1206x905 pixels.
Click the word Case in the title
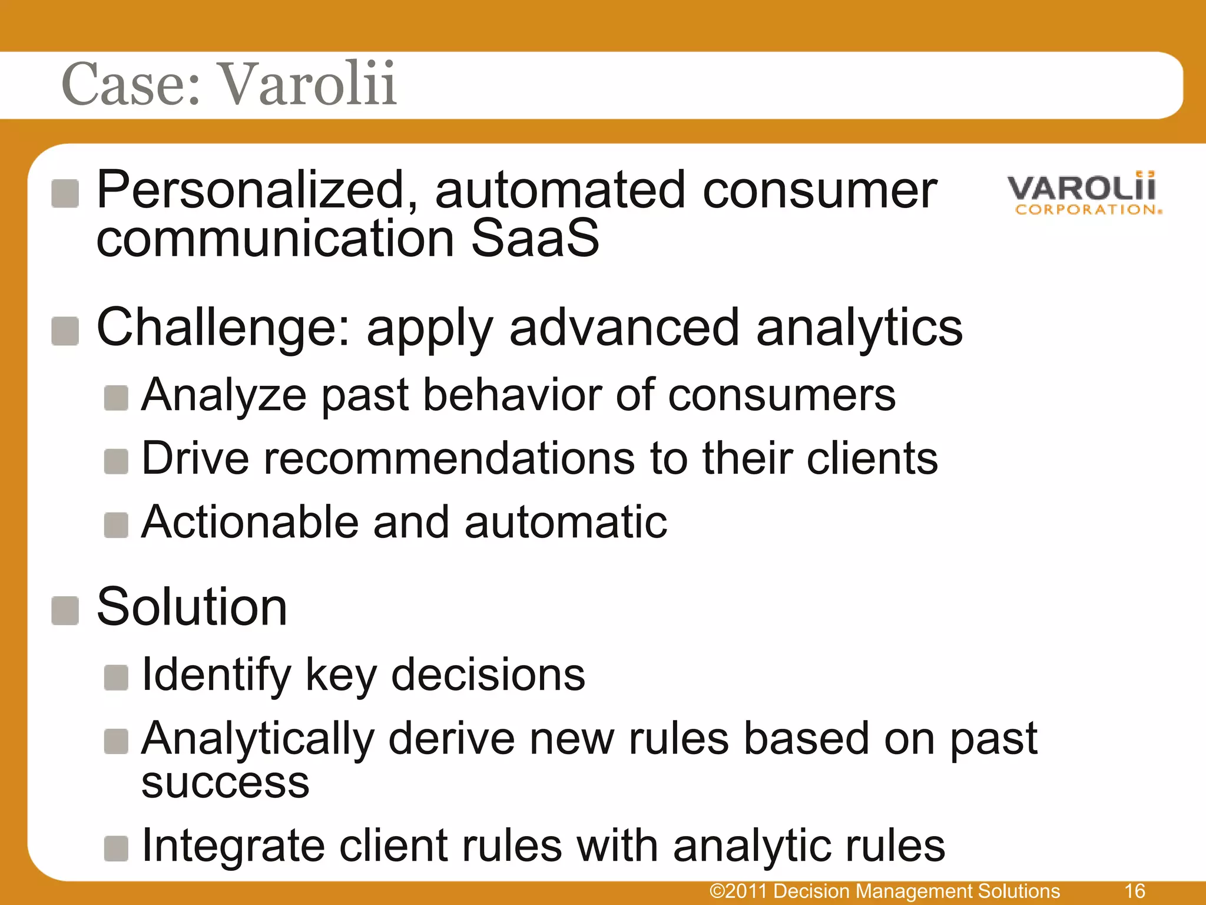point(131,84)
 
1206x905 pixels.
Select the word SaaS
point(535,239)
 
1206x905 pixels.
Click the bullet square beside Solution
point(65,610)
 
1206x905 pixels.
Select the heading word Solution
point(192,607)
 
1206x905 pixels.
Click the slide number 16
point(1134,891)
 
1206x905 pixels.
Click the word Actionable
point(250,522)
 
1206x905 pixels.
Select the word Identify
point(216,675)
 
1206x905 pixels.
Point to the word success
point(226,784)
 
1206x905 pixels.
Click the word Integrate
point(233,846)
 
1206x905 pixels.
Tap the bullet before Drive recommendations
point(116,461)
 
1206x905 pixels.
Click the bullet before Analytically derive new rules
point(116,741)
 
